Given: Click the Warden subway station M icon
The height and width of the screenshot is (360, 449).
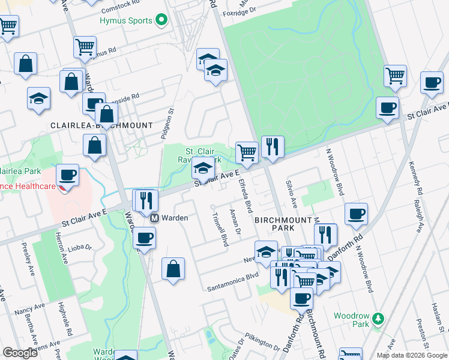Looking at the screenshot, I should click(x=154, y=218).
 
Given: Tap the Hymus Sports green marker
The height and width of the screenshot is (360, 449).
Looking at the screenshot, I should click(x=161, y=21).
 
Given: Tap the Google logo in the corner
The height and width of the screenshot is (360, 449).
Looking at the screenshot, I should click(x=20, y=353).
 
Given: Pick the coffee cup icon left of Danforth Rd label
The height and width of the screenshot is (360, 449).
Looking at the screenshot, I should click(x=357, y=214).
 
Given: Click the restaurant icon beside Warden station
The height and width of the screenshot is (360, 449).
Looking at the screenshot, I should click(x=146, y=200).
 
